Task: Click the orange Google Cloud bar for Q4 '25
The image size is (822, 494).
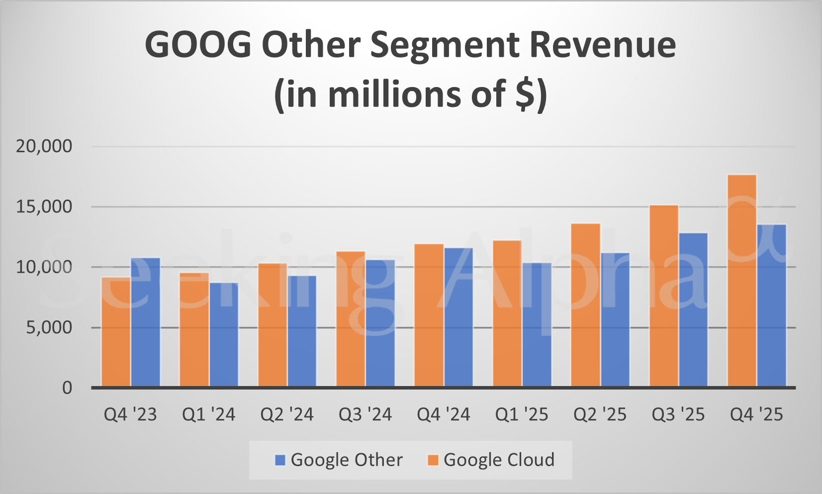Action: click(x=741, y=281)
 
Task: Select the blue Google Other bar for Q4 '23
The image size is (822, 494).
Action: click(x=145, y=322)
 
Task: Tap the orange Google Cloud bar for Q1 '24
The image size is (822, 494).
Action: click(x=194, y=329)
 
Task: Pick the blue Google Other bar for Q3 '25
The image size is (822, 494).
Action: click(x=693, y=309)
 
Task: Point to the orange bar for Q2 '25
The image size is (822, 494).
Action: click(x=585, y=305)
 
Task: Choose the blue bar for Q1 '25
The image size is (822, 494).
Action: click(x=537, y=324)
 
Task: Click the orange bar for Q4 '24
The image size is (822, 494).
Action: click(x=429, y=315)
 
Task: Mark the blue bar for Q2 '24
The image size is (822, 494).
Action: click(x=302, y=331)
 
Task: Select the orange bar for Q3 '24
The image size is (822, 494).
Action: click(x=351, y=319)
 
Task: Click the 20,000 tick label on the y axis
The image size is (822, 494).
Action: click(x=44, y=146)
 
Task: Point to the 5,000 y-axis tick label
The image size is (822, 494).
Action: click(x=49, y=327)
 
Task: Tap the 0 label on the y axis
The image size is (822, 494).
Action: click(x=67, y=388)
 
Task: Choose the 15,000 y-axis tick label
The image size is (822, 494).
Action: click(x=44, y=206)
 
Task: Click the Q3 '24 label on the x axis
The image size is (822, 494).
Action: click(x=365, y=414)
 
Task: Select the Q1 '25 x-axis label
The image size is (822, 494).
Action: click(x=522, y=414)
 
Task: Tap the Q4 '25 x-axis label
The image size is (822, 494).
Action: click(x=756, y=414)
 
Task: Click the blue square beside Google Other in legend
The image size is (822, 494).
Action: click(x=280, y=460)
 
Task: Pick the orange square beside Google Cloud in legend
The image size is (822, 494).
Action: click(x=433, y=460)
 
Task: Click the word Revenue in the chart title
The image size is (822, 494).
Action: click(x=602, y=45)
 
